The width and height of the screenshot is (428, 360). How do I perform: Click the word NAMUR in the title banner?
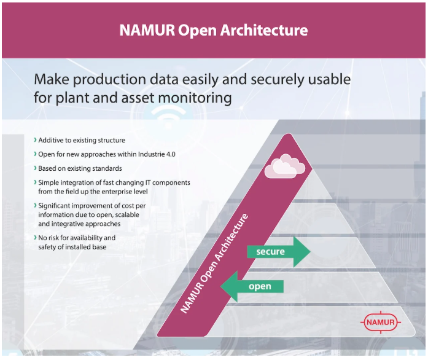147,29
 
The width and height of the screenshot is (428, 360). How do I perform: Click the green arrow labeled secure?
278,251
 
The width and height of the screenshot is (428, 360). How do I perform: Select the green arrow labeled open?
252,286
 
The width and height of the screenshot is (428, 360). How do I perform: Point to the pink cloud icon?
285,166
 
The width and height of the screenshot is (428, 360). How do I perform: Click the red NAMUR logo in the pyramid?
381,322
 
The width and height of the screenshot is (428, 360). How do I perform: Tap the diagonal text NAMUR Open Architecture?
214,264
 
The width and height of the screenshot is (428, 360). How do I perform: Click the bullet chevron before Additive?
35,140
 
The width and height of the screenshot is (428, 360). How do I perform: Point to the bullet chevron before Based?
35,168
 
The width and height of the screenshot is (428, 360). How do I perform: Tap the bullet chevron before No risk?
35,237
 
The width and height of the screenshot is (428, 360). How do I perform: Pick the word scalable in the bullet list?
127,214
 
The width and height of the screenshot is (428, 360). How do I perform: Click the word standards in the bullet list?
108,168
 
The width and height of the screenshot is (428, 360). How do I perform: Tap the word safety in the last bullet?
47,247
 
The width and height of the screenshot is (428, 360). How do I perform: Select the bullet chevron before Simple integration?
35,182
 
